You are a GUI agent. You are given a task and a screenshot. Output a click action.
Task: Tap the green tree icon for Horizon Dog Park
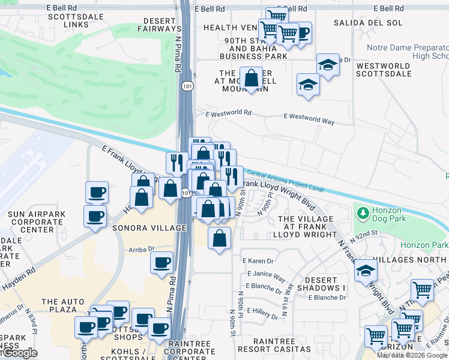(362, 212)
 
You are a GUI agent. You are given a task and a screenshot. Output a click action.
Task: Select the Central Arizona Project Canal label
(285, 181)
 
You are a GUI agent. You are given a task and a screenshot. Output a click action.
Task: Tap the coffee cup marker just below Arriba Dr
(161, 263)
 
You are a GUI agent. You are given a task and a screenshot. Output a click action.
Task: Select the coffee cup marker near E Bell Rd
(302, 32)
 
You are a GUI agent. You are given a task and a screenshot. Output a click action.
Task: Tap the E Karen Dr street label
(258, 261)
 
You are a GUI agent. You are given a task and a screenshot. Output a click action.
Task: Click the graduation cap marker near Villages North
(366, 271)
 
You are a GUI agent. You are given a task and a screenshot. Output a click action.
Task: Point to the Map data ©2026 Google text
(412, 355)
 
